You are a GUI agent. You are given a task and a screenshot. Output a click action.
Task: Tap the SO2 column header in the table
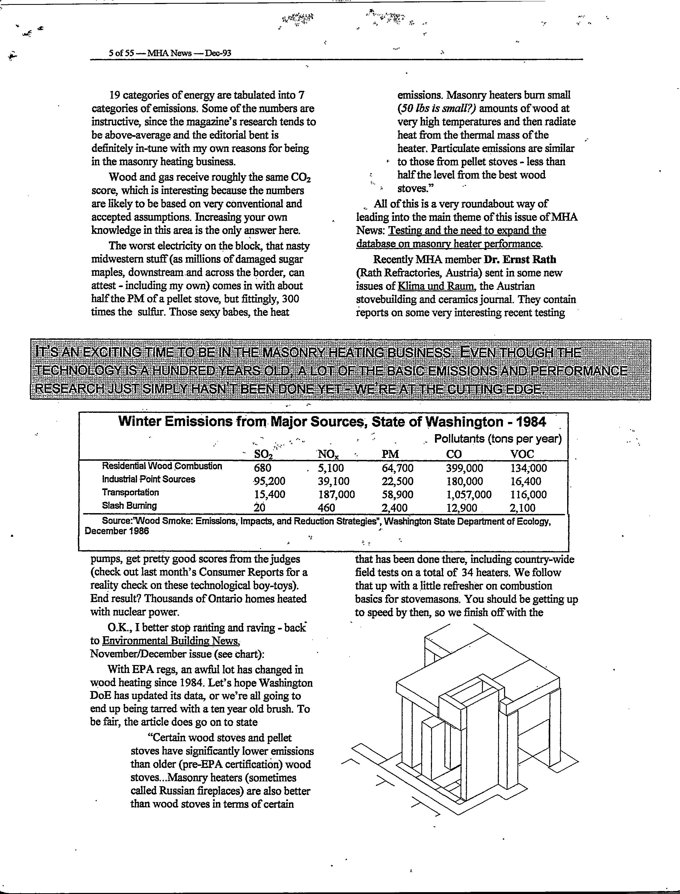coord(263,454)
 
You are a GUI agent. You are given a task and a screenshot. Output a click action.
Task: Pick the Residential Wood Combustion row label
coord(162,466)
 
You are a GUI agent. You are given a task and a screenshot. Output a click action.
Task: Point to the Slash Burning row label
coord(129,505)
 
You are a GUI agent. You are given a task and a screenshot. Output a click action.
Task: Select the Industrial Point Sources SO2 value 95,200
coord(269,481)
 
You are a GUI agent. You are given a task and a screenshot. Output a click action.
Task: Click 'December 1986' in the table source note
coord(117,531)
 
